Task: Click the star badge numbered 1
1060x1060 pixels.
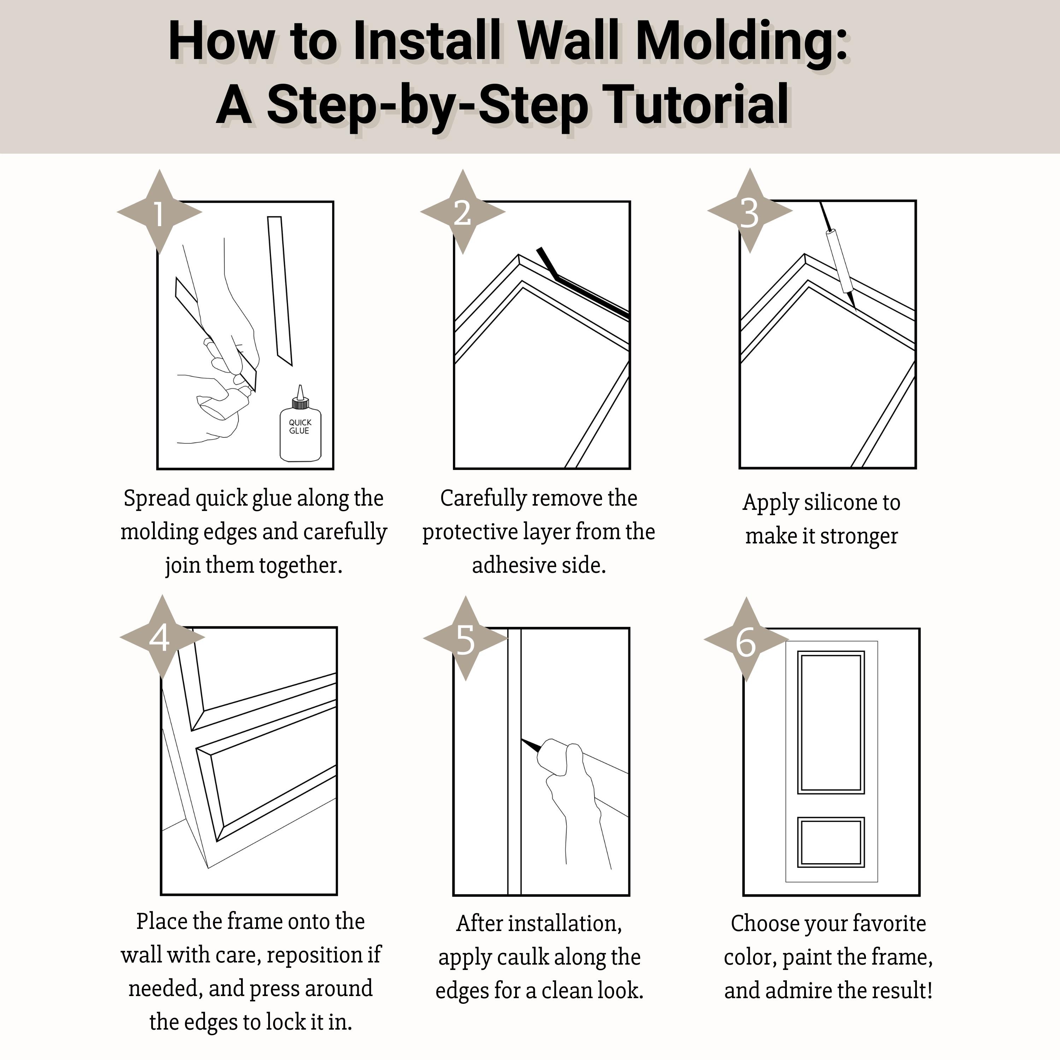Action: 159,212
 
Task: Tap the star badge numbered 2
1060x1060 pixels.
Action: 463,212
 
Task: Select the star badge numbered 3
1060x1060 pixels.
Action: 749,211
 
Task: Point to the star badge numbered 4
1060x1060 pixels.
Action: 162,637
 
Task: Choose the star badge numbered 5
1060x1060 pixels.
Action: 465,638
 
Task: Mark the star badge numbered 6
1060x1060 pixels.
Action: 746,640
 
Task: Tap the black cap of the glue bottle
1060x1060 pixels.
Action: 300,404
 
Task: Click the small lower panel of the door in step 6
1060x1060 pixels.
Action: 831,842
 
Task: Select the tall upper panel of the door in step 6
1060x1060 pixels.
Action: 831,722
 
